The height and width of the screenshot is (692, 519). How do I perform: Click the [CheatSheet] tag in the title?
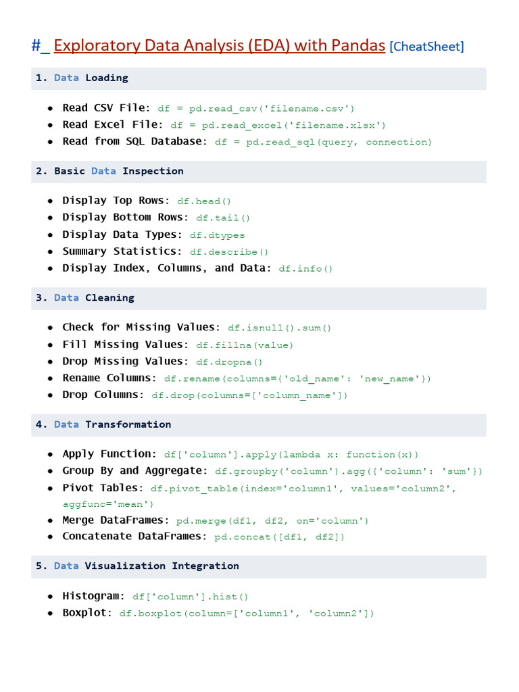point(427,47)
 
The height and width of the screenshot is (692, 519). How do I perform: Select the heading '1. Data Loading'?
point(82,78)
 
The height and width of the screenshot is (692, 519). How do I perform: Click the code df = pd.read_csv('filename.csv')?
point(256,108)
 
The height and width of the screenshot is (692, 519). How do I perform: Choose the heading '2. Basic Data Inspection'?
point(109,171)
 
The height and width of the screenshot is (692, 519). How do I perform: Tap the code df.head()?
point(204,201)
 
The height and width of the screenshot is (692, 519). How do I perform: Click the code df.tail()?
point(223,218)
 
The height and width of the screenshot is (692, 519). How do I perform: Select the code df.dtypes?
point(217,235)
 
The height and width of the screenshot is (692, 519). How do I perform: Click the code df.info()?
point(306,268)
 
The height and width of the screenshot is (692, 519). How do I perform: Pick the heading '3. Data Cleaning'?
point(85,297)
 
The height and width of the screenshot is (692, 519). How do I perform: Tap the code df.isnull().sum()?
point(280,328)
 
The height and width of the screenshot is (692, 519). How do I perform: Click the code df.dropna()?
point(230,362)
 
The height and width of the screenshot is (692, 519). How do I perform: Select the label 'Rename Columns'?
point(109,378)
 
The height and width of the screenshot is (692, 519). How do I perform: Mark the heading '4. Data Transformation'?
point(103,424)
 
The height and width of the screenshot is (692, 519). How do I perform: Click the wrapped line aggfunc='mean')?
point(109,504)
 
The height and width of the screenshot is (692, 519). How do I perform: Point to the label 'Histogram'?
point(93,596)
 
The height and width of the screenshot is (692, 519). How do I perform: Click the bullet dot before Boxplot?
point(51,614)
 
